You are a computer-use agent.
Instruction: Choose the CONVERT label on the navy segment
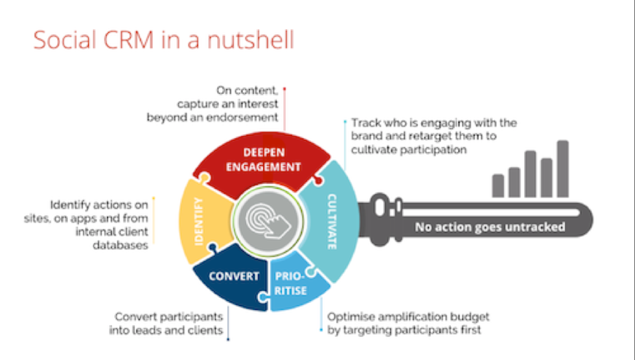[x=234, y=276]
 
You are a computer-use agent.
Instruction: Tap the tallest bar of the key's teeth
[x=562, y=168]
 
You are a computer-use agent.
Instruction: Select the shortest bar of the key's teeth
[x=498, y=185]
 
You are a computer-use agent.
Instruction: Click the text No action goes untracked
[x=490, y=227]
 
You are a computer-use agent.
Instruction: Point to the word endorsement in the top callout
[x=248, y=118]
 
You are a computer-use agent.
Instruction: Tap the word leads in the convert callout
[x=165, y=330]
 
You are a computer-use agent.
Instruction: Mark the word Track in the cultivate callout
[x=364, y=122]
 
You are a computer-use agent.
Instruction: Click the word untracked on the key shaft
[x=537, y=227]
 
